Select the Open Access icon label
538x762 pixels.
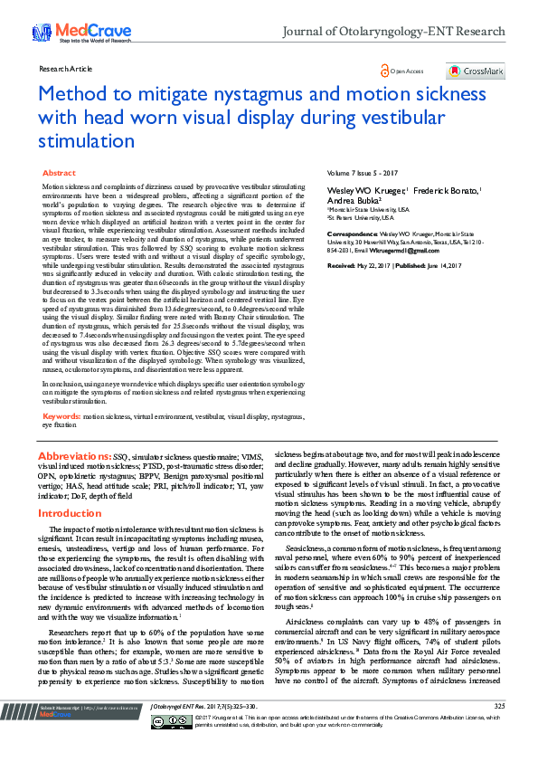coord(403,71)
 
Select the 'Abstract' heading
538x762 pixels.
coord(60,172)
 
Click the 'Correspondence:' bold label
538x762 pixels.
coord(352,233)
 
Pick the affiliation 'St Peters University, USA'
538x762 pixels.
coord(361,217)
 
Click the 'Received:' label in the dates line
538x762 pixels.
coord(341,265)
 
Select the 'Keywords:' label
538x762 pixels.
coord(61,417)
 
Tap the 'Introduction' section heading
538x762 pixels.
coord(69,513)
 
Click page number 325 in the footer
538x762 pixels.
coord(499,731)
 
